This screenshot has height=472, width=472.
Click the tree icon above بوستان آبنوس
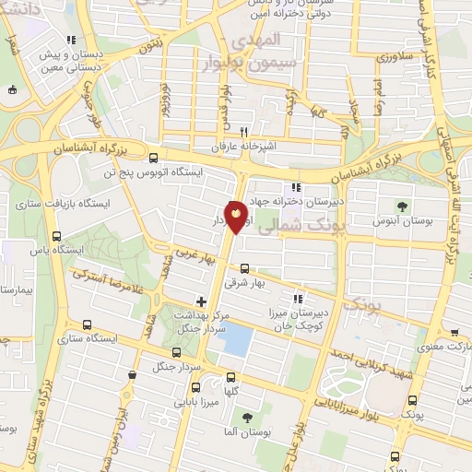(x=400, y=206)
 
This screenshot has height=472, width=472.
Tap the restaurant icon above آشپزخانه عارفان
(x=244, y=131)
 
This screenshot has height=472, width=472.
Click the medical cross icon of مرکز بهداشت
(x=200, y=301)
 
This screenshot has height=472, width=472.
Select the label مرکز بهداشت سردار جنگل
(x=200, y=322)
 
